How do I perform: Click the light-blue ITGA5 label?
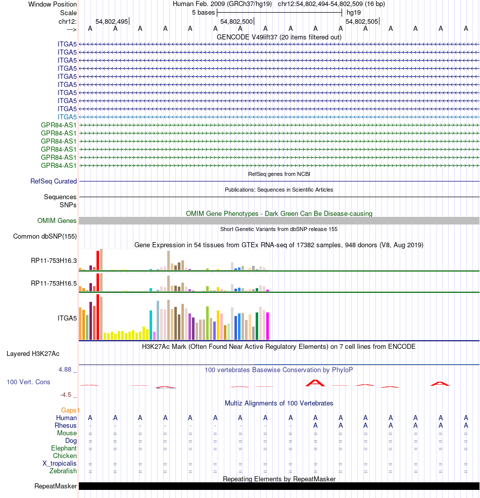pyautogui.click(x=67, y=117)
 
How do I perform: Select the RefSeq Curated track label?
pyautogui.click(x=54, y=181)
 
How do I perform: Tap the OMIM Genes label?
pyautogui.click(x=57, y=220)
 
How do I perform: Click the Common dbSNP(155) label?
pyautogui.click(x=45, y=236)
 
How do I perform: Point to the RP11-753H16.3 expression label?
pyautogui.click(x=54, y=261)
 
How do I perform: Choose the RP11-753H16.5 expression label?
pyautogui.click(x=54, y=283)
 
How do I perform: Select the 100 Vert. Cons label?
pyautogui.click(x=28, y=382)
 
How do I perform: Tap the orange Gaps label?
pyautogui.click(x=70, y=410)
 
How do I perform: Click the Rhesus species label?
pyautogui.click(x=66, y=426)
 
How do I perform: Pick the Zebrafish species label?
pyautogui.click(x=63, y=471)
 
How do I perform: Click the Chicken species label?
pyautogui.click(x=65, y=456)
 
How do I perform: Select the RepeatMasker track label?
pyautogui.click(x=56, y=486)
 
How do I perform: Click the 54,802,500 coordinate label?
pyautogui.click(x=236, y=22)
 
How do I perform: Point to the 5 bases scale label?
pyautogui.click(x=203, y=13)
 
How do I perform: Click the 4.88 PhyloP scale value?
pyautogui.click(x=66, y=370)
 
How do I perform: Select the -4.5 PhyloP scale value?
pyautogui.click(x=66, y=394)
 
